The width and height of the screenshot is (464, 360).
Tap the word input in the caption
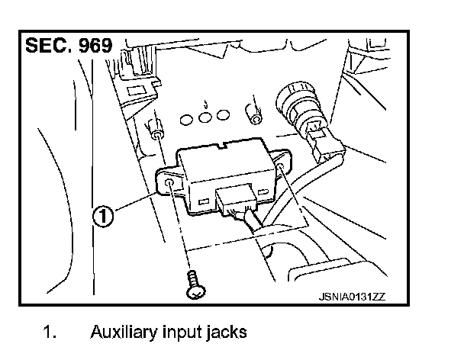(x=182, y=333)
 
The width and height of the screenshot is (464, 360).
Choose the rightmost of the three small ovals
(x=222, y=115)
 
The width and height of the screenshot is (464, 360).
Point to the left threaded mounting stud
(x=156, y=130)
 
